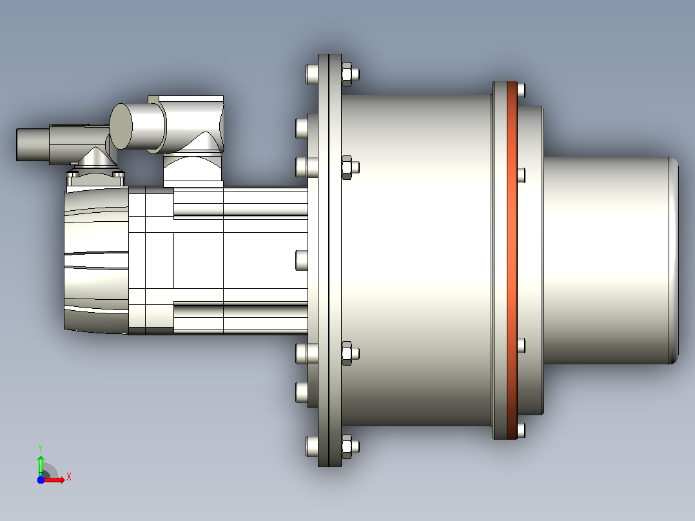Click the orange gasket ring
click(512, 260)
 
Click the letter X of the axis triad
click(69, 477)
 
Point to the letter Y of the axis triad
click(41, 448)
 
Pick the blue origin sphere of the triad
click(41, 480)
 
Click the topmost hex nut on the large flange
click(349, 74)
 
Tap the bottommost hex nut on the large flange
click(349, 446)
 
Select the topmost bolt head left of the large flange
click(312, 74)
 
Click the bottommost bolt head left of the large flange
click(312, 446)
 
